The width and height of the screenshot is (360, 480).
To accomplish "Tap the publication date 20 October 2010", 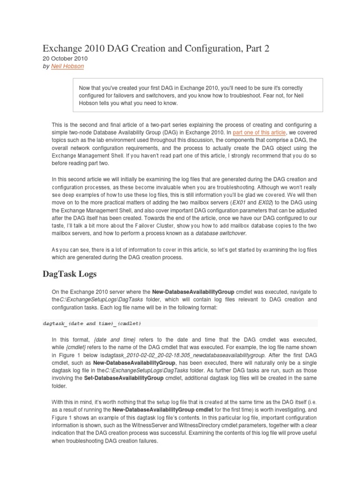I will (x=65, y=59).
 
